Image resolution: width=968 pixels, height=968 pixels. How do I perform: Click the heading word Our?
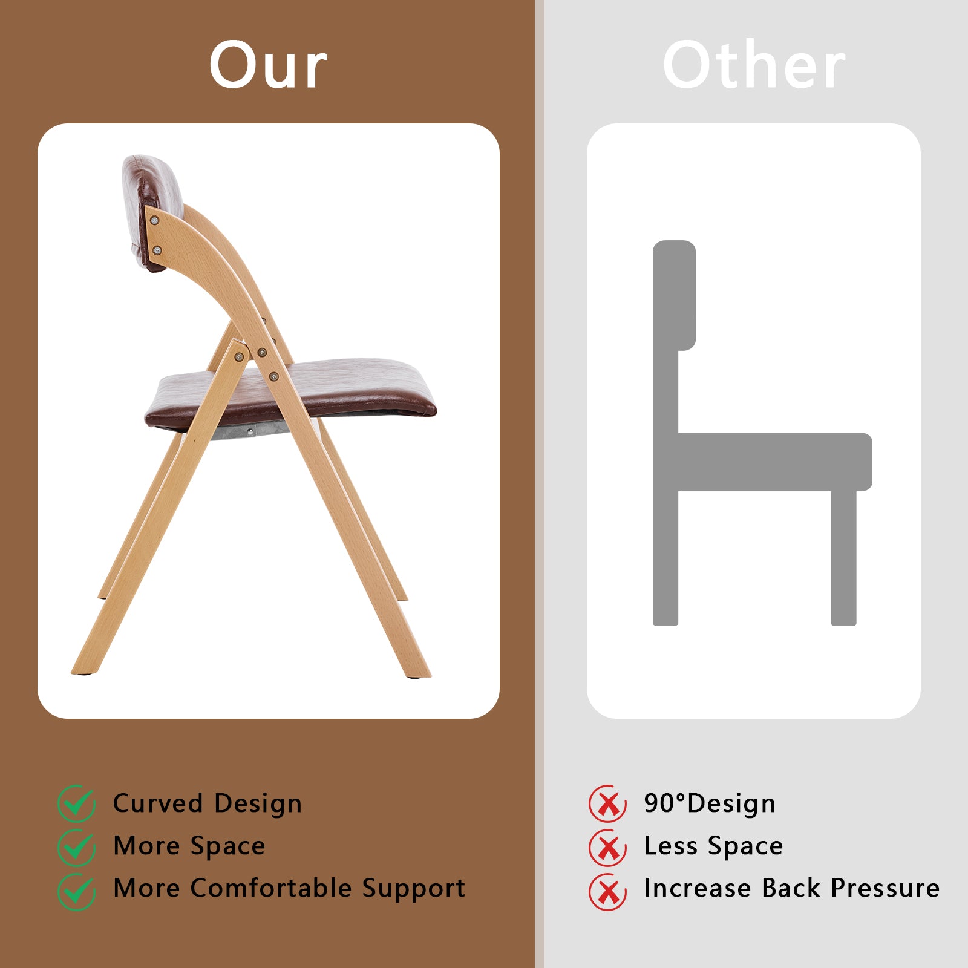[x=268, y=65]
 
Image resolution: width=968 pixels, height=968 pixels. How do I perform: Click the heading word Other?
[x=754, y=65]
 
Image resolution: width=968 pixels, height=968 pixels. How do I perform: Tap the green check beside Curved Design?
[x=77, y=803]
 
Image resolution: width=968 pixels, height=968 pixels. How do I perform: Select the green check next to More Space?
[x=77, y=847]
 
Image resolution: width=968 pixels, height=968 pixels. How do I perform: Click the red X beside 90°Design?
[x=608, y=803]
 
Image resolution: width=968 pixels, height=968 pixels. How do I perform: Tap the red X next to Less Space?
[x=608, y=847]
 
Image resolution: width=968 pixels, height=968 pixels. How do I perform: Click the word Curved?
[x=158, y=803]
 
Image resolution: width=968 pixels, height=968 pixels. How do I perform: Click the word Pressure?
[x=885, y=888]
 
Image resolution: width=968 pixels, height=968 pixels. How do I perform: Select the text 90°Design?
[x=710, y=803]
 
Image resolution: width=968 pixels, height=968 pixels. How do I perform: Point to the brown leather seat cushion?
[x=290, y=393]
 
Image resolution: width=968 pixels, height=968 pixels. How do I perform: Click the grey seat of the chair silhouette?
[x=774, y=462]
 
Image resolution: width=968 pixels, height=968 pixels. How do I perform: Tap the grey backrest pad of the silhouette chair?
[x=674, y=295]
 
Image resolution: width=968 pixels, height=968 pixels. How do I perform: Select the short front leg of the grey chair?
[x=843, y=558]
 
